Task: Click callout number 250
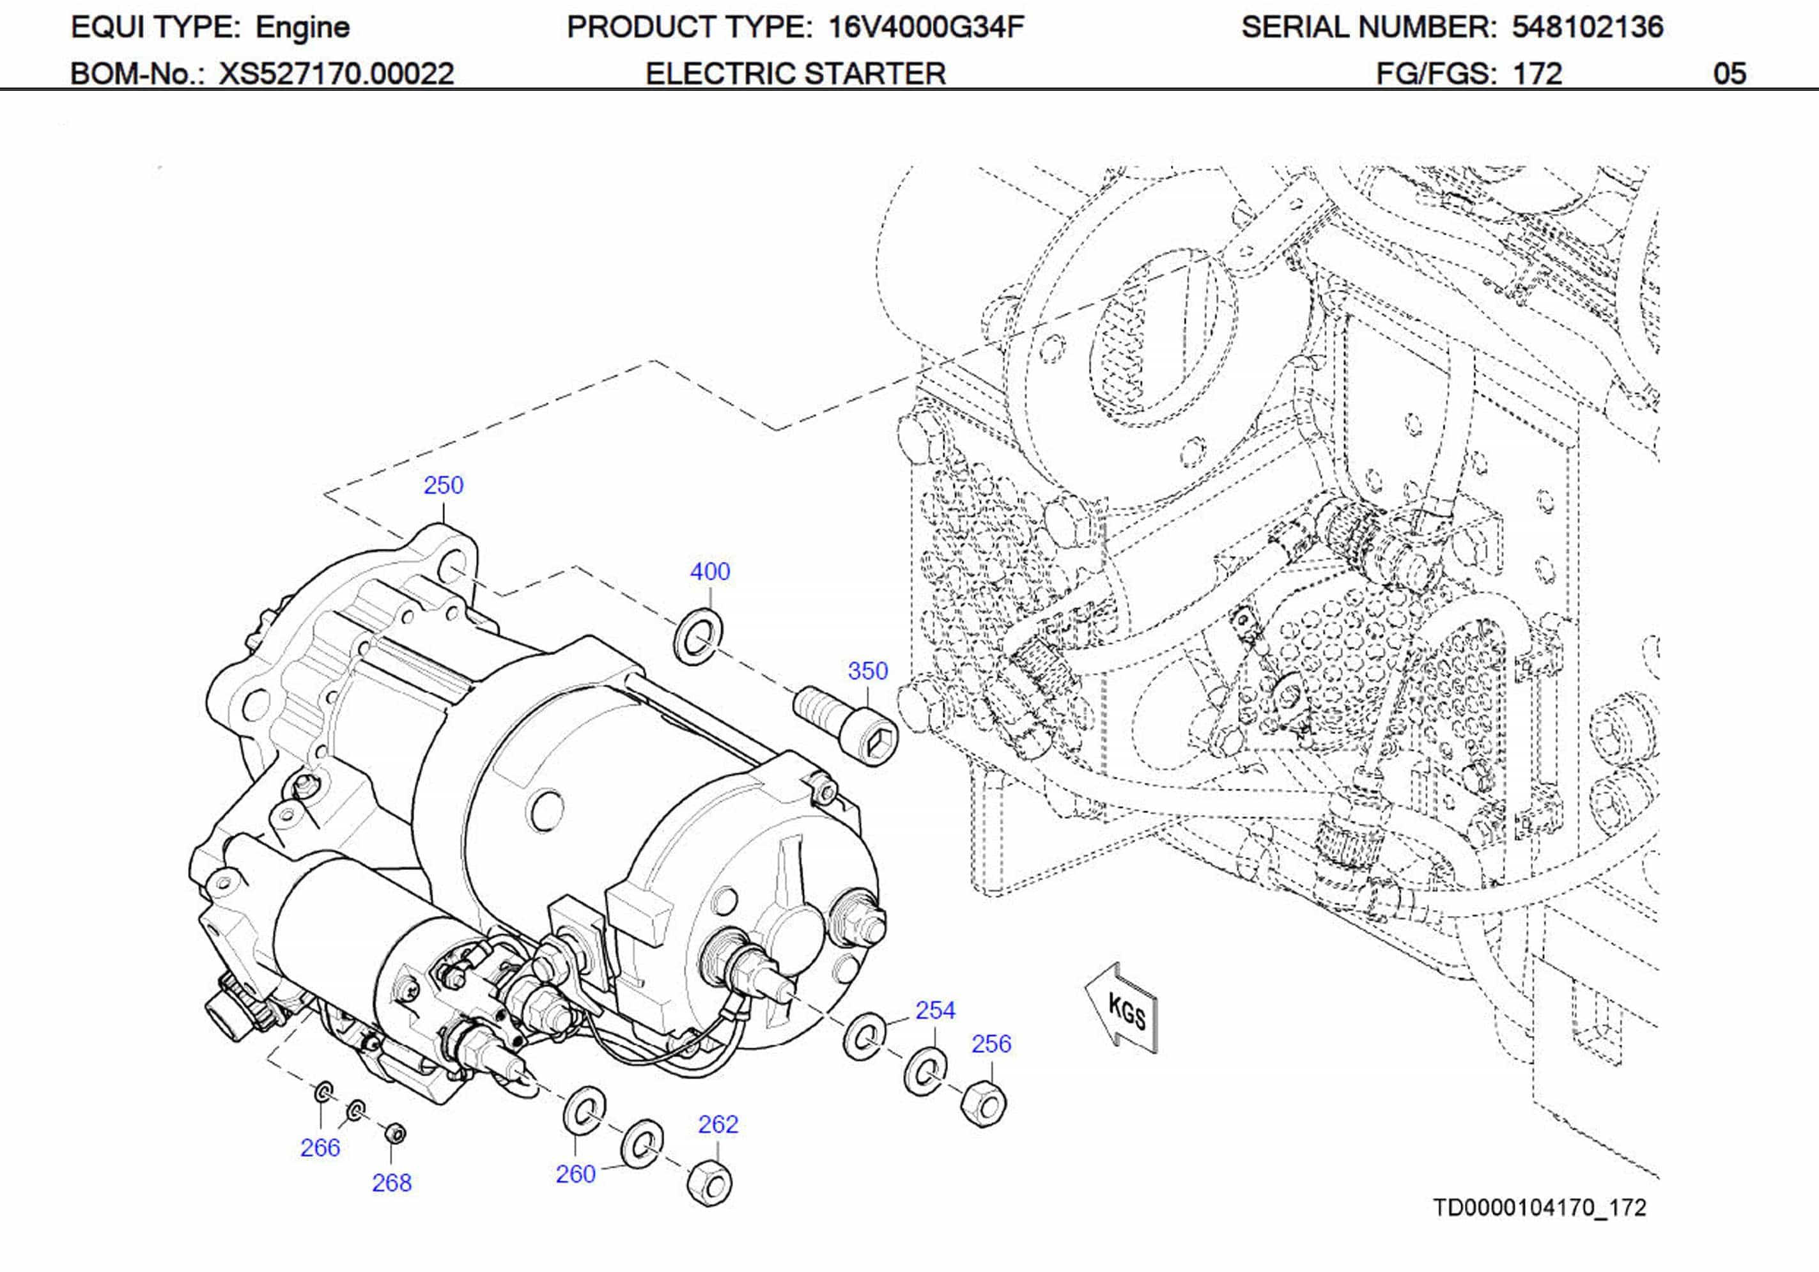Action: (443, 485)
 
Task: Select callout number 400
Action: (710, 571)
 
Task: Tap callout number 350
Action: (867, 671)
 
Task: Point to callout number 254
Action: (935, 1011)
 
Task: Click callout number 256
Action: (991, 1044)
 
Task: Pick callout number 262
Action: (718, 1124)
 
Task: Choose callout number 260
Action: (575, 1174)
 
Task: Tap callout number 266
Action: (320, 1147)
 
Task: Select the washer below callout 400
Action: (698, 637)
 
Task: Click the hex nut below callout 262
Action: (709, 1183)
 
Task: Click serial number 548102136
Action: (1587, 27)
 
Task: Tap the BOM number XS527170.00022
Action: (336, 74)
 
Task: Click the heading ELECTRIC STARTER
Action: (796, 74)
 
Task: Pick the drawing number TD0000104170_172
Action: (1539, 1208)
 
